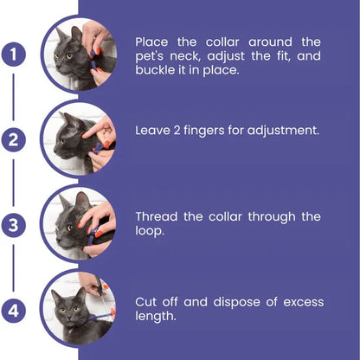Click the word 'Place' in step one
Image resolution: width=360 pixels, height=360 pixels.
[x=153, y=41]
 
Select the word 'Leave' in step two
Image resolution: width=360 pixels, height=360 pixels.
[x=154, y=131]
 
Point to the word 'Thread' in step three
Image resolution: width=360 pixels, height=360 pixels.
[x=157, y=216]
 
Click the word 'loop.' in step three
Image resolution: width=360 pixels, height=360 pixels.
[x=152, y=232]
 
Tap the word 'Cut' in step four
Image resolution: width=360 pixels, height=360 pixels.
[x=146, y=301]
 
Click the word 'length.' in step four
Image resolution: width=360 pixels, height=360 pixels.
[x=157, y=317]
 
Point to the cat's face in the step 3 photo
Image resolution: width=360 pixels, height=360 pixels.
[x=66, y=221]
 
